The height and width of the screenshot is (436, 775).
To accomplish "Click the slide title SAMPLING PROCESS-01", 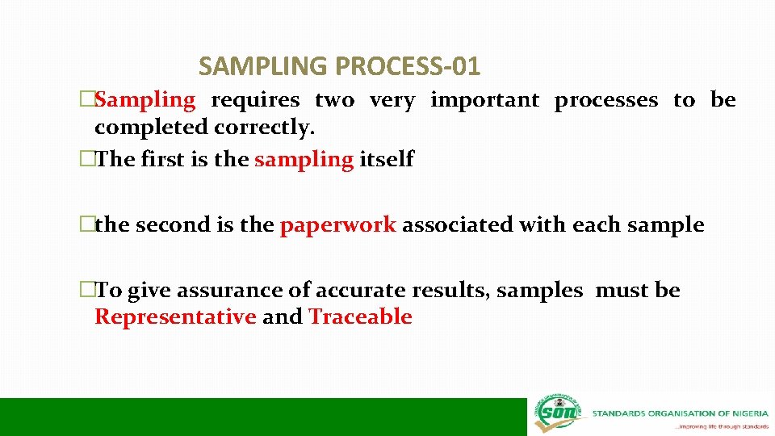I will click(x=339, y=65).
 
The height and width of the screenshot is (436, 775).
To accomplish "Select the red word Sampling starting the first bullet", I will click(x=145, y=101).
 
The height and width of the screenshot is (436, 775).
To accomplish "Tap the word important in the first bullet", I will click(x=484, y=101).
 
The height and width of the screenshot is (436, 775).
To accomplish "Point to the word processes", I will click(x=605, y=101).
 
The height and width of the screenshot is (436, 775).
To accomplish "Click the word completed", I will click(x=151, y=128).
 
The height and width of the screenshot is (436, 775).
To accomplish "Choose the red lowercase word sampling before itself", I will click(x=304, y=160).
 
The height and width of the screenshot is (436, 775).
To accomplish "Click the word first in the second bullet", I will click(x=163, y=160).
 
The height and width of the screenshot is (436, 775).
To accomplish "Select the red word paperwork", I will click(x=337, y=225).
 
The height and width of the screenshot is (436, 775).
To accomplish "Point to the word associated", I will click(x=457, y=225).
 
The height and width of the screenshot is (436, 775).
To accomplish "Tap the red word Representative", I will click(x=175, y=317).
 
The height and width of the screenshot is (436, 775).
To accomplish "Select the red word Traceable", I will click(x=360, y=317).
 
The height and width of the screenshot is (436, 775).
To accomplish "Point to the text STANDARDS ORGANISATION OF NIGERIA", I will click(x=680, y=413).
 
